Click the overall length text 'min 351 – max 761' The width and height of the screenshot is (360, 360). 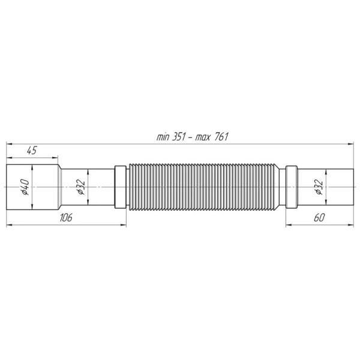point(193,137)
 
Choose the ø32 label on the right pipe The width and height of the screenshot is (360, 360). point(319,188)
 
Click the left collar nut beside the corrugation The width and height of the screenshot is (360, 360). point(120,187)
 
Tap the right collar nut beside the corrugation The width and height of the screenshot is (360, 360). point(291,187)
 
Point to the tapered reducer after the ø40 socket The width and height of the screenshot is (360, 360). point(61,187)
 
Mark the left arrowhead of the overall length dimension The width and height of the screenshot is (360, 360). point(8,143)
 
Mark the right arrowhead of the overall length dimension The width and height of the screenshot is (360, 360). point(352,143)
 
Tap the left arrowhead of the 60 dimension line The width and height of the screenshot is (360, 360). point(287,225)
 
